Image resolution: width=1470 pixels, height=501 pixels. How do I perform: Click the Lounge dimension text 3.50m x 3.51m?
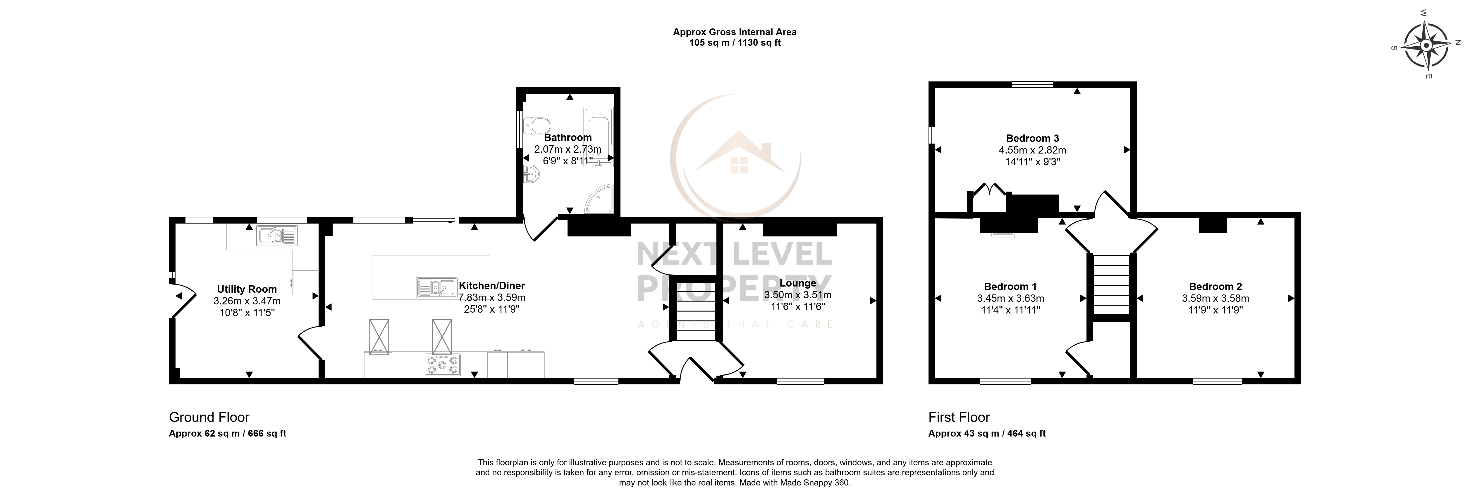(797, 295)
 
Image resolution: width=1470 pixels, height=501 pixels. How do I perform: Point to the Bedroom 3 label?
(1032, 138)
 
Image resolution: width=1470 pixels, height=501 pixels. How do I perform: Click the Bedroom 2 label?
(1215, 287)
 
